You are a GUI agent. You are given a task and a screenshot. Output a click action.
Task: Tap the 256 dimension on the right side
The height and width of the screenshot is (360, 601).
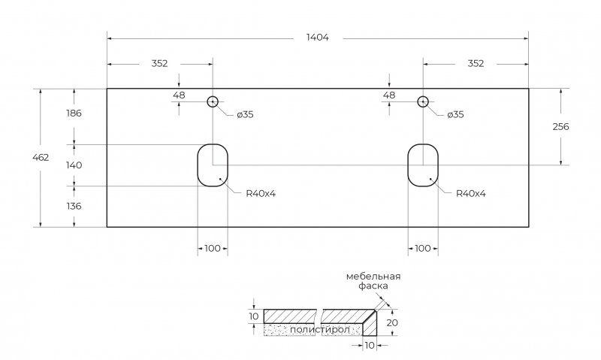pos(560,126)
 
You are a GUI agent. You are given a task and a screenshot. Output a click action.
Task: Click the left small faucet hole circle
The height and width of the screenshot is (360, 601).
pos(213,101)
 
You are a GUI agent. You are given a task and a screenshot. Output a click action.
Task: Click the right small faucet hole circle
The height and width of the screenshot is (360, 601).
pos(423,101)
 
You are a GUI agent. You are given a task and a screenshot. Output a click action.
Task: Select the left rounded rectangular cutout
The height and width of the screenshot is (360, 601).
pos(213,165)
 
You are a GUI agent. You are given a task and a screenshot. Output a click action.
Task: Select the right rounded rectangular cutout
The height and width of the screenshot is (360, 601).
pos(423,165)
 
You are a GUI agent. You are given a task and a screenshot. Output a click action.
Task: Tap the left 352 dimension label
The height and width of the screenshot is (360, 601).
pos(159,63)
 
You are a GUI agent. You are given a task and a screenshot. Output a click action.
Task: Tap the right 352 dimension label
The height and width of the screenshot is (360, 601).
pos(475,63)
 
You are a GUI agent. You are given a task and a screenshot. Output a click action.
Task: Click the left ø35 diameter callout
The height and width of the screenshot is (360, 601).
pos(245,115)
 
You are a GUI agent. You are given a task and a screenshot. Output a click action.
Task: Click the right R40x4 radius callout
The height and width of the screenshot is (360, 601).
pos(471,193)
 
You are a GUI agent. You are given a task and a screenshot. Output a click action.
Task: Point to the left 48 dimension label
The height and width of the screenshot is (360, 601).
pos(179,95)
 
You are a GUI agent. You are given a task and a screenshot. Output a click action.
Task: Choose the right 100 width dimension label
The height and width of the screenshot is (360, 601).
pos(422,248)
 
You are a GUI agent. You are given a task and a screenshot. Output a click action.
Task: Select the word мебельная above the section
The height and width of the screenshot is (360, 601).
pos(373,277)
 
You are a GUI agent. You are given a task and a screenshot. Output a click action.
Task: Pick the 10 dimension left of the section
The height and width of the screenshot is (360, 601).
pos(254,316)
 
